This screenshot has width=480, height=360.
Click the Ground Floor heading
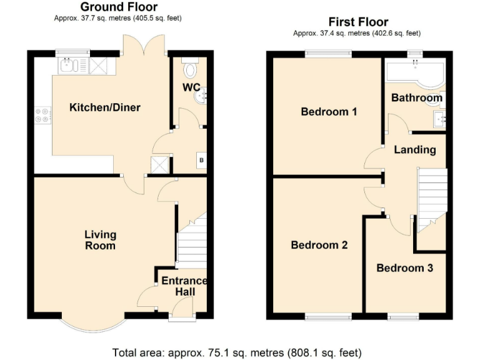coord(118,7)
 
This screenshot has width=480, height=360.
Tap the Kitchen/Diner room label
coord(104,107)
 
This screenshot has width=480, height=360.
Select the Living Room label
coord(101,240)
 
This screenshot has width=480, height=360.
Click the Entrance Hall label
coord(184,286)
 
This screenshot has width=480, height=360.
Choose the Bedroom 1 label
coord(329,112)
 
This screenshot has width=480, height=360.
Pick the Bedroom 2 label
coord(319,245)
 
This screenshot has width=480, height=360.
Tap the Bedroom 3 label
coord(404,267)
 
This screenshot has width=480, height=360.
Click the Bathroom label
coord(416,98)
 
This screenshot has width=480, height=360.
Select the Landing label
coord(415,150)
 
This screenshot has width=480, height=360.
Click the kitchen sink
coord(67,64)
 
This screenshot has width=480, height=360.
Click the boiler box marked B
coord(201,160)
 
